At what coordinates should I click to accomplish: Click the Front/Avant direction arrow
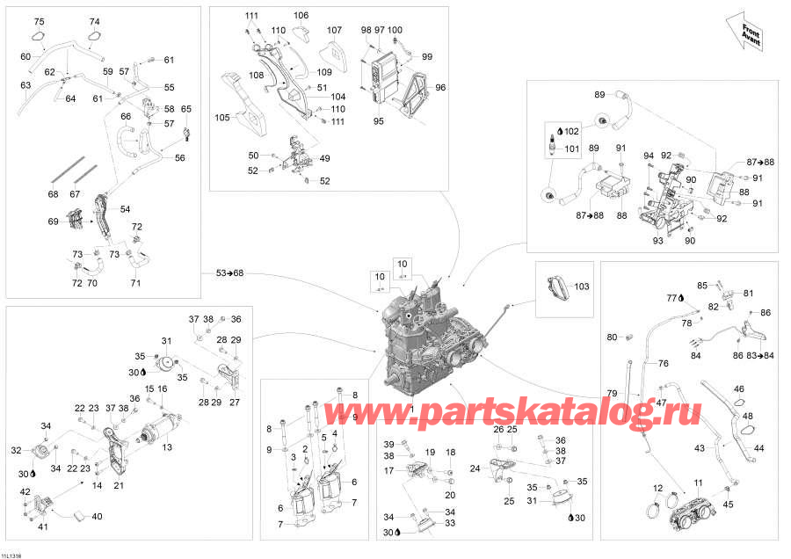coord(744,33)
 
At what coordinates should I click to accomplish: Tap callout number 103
coord(581,286)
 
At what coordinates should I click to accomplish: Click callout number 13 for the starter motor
coord(167,446)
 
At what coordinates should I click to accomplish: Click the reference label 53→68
coord(229,273)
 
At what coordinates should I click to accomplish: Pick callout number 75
coord(39,21)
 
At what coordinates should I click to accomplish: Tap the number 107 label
coord(334,30)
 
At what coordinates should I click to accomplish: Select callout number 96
coord(440,87)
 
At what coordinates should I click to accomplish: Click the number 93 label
coord(657,241)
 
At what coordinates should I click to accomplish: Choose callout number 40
coord(97,516)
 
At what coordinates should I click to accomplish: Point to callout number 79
coord(612,393)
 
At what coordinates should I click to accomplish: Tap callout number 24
coord(475,468)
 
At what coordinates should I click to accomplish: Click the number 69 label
coord(53,221)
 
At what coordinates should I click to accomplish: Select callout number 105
coord(222,118)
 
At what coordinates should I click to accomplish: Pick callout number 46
coord(738,389)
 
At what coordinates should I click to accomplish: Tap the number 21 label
coord(119,485)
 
